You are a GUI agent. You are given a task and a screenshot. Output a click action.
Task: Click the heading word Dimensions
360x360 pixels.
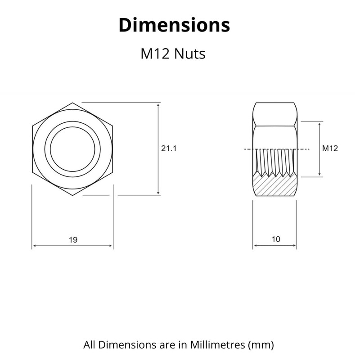(174, 25)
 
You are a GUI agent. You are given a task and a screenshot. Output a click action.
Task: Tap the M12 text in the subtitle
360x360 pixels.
(155, 54)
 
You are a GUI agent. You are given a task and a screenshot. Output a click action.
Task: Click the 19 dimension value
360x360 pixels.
(73, 240)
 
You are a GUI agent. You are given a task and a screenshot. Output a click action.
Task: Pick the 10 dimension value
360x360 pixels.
(275, 239)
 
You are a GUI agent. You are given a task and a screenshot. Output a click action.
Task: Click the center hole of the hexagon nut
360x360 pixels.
(72, 148)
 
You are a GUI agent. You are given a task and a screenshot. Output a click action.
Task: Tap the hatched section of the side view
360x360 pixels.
(274, 186)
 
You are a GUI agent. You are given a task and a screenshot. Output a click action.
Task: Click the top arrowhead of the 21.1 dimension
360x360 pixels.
(158, 106)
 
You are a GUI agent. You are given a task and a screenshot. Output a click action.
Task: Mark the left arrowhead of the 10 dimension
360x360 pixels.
(256, 246)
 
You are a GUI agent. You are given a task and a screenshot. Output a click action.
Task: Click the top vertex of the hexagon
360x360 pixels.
(72, 103)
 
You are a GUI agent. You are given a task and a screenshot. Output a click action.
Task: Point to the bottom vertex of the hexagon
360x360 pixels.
(72, 195)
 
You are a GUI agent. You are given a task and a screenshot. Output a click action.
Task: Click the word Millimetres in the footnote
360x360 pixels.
(213, 345)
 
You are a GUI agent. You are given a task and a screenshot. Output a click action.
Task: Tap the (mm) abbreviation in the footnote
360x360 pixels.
(261, 345)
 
